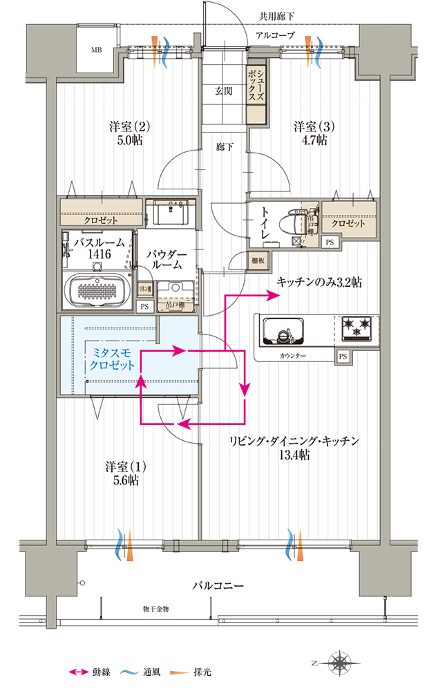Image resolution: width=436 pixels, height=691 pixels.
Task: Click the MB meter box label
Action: [x=97, y=50]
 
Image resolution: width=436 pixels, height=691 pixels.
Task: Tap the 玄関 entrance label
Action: [x=223, y=91]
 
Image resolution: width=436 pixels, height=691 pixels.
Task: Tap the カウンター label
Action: [x=294, y=355]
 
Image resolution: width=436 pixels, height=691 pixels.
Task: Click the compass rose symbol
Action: [x=341, y=663]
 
